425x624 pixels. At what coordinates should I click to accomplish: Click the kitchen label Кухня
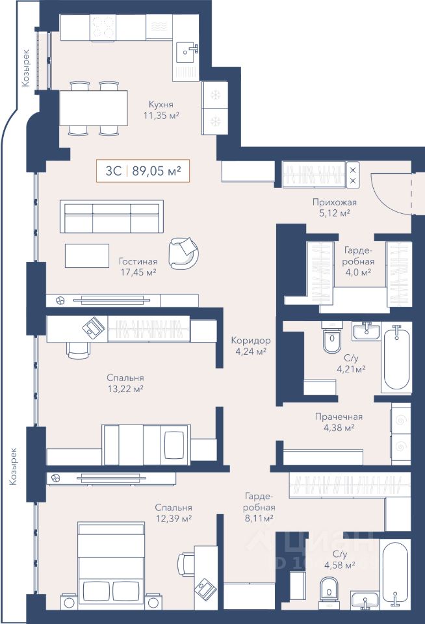tap(161, 105)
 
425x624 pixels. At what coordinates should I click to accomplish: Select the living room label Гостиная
tap(138, 261)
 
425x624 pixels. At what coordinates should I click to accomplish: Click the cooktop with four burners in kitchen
tap(103, 27)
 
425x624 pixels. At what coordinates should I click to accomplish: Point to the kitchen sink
tap(187, 52)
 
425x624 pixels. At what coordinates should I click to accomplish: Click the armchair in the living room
tap(183, 253)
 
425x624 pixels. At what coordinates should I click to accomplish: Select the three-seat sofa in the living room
tap(112, 216)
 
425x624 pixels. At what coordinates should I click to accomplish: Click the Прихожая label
tap(334, 202)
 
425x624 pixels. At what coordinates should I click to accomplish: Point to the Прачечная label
tap(339, 417)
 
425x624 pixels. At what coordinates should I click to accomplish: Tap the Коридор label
tap(251, 341)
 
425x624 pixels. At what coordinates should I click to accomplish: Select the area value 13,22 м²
tap(125, 389)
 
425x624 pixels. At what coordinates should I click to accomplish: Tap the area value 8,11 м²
tap(259, 518)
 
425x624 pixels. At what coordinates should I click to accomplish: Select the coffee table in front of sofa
tap(87, 255)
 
